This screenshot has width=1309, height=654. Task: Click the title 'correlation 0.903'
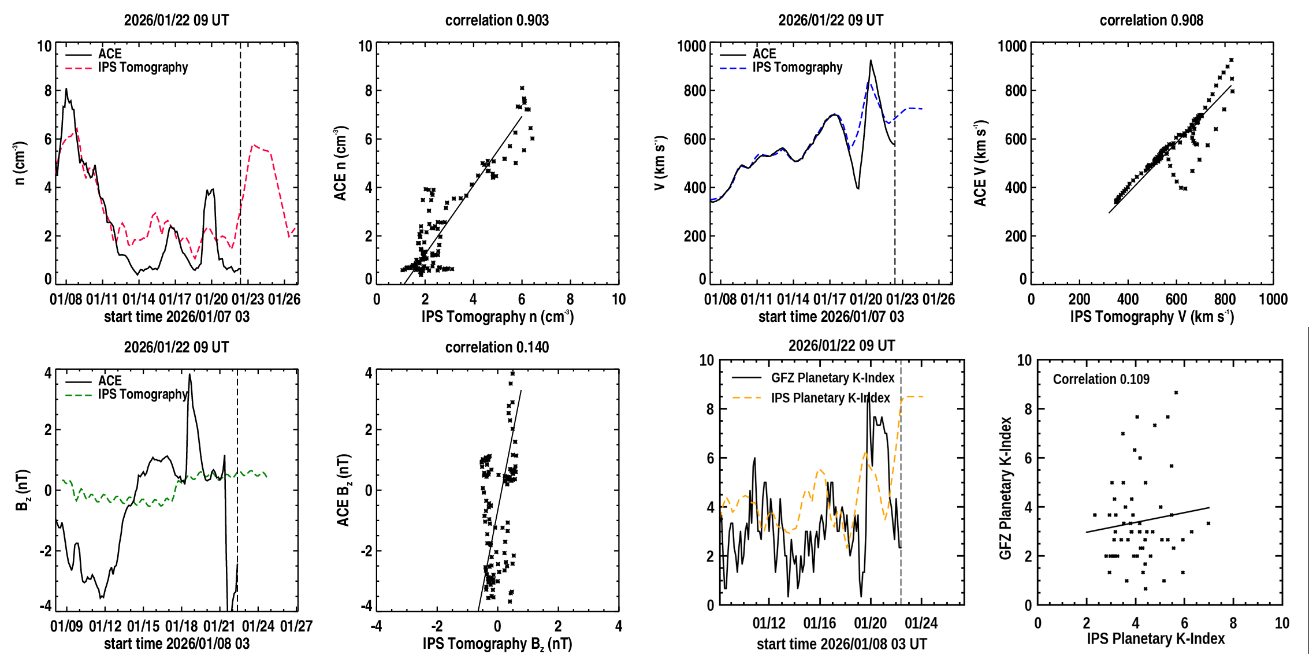[497, 20]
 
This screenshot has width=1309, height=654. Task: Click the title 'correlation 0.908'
[1151, 20]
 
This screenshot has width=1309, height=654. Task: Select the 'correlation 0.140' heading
[497, 347]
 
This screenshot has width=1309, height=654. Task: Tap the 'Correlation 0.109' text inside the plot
[1101, 379]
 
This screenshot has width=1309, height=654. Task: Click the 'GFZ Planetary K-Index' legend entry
[832, 378]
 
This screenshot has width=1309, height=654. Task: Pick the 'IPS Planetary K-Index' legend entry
[830, 398]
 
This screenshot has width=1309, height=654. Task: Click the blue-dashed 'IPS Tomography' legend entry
[797, 68]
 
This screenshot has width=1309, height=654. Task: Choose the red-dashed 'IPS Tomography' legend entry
[143, 68]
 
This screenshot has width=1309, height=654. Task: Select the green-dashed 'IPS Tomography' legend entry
[143, 395]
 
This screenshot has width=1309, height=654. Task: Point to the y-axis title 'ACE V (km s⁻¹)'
[980, 163]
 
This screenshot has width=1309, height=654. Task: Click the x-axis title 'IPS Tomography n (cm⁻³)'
[497, 317]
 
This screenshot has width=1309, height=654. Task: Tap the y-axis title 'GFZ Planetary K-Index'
[1006, 488]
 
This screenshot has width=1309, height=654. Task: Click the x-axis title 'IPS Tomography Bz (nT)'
[497, 644]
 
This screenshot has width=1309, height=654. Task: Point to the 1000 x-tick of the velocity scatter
[1273, 299]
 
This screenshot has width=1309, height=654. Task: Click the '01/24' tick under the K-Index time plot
[921, 623]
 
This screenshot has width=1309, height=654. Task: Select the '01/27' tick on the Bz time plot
[296, 626]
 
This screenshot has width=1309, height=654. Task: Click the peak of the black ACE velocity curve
[871, 61]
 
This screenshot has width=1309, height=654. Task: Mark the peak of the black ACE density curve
[66, 89]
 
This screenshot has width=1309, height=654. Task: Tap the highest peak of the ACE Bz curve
[189, 374]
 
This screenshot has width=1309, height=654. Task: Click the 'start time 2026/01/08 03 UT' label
[842, 644]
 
